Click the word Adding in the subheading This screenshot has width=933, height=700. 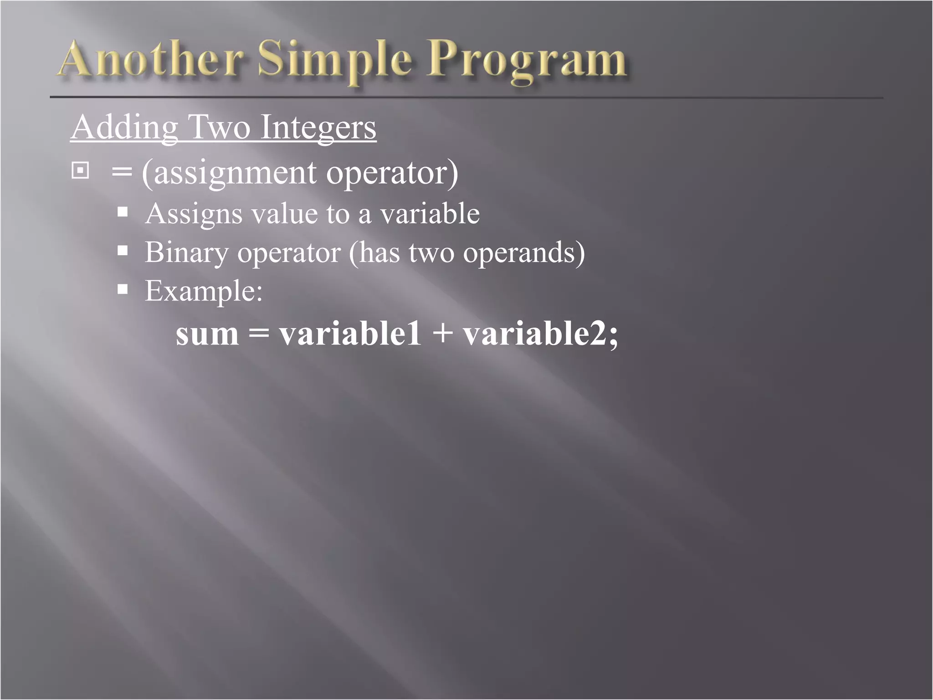pyautogui.click(x=124, y=128)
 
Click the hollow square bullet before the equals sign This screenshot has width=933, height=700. pyautogui.click(x=80, y=171)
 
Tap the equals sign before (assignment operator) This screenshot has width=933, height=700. pyautogui.click(x=122, y=173)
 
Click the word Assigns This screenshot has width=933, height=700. pyautogui.click(x=193, y=214)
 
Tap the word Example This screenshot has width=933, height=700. pyautogui.click(x=203, y=291)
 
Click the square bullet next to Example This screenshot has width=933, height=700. pyautogui.click(x=123, y=289)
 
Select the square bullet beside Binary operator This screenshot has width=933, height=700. pyautogui.click(x=123, y=250)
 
